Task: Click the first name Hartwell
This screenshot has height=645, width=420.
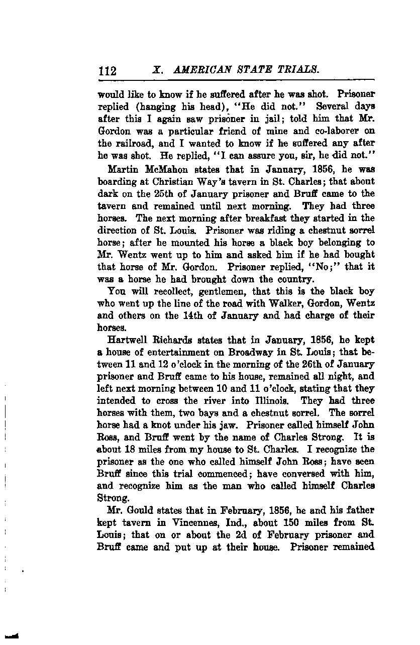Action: coord(128,340)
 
